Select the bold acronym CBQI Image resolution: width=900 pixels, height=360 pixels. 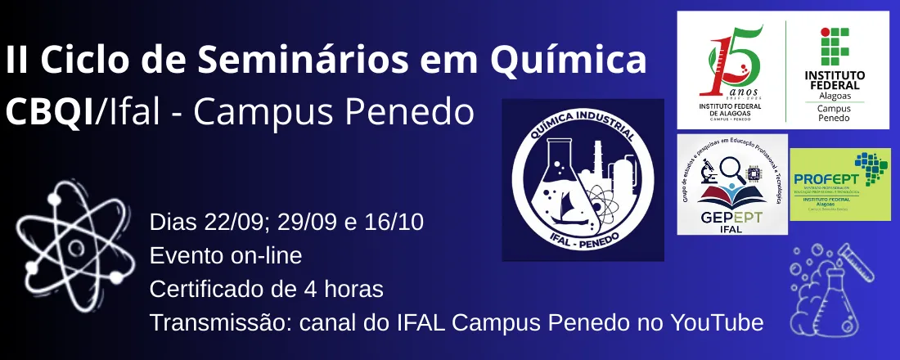49,112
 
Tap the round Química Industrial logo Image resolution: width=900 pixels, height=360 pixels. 583,180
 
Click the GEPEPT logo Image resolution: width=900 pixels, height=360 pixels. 732,183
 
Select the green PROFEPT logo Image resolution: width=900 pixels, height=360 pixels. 840,184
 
